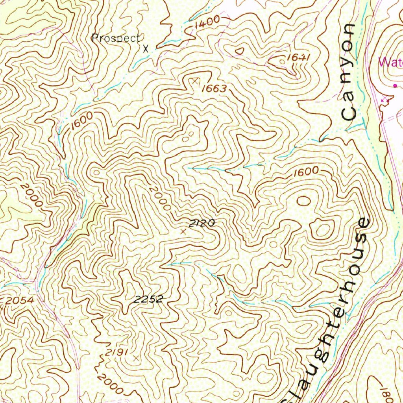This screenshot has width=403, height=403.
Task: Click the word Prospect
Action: [x=116, y=38]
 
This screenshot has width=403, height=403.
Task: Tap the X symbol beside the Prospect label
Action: [x=146, y=49]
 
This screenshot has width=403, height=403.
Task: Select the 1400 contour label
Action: [x=207, y=23]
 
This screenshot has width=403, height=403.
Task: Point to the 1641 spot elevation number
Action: [x=299, y=57]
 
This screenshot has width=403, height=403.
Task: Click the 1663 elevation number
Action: [x=214, y=89]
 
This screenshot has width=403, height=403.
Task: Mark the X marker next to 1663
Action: [x=194, y=81]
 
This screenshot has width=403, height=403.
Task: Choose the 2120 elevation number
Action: [x=202, y=224]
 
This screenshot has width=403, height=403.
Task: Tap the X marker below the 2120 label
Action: [x=183, y=232]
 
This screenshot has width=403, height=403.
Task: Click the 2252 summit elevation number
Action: [x=148, y=299]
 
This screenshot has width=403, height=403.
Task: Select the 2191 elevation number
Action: [x=116, y=353]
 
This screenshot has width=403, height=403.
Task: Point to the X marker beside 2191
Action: [x=136, y=358]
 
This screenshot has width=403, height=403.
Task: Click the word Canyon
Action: [x=349, y=72]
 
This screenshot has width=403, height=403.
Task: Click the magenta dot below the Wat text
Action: [x=395, y=85]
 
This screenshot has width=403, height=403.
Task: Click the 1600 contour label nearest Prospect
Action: [x=82, y=121]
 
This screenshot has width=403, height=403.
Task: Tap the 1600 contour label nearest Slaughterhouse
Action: [x=305, y=171]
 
